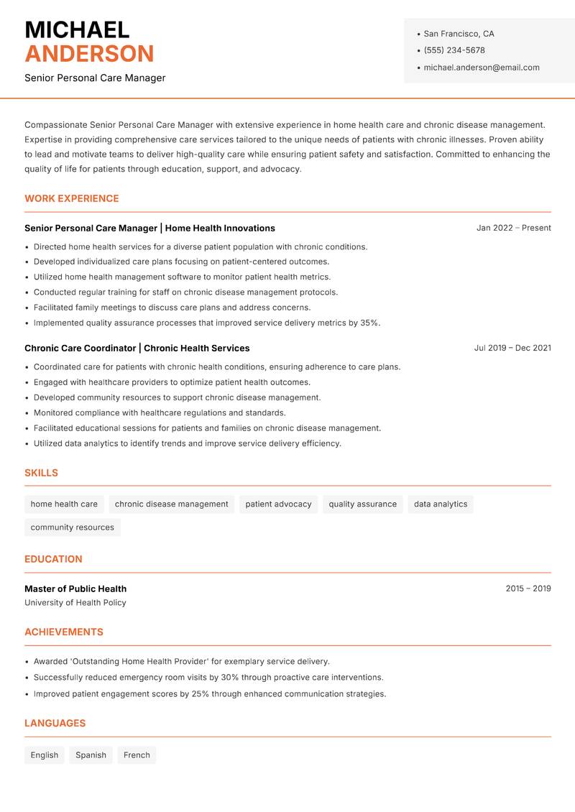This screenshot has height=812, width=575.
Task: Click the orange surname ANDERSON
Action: pyautogui.click(x=89, y=54)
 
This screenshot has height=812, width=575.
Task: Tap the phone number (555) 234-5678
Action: pyautogui.click(x=454, y=50)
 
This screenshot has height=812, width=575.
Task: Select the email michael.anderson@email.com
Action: pyautogui.click(x=482, y=68)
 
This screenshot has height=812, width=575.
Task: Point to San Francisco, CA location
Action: pyautogui.click(x=459, y=34)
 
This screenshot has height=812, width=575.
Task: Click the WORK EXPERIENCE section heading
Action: pyautogui.click(x=72, y=198)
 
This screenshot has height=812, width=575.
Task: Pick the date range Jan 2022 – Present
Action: pyautogui.click(x=513, y=228)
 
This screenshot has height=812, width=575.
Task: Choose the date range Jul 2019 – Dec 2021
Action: pyautogui.click(x=512, y=348)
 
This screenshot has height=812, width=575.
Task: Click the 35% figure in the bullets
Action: pyautogui.click(x=369, y=323)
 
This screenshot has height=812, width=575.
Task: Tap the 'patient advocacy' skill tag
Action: pyautogui.click(x=278, y=504)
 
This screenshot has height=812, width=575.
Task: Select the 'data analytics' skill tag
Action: pyautogui.click(x=441, y=504)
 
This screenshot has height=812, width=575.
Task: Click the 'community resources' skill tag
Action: pyautogui.click(x=72, y=527)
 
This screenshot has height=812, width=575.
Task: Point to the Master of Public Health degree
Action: pyautogui.click(x=75, y=589)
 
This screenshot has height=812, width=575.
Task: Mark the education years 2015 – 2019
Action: pyautogui.click(x=528, y=589)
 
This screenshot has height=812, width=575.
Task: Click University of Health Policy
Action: pyautogui.click(x=75, y=603)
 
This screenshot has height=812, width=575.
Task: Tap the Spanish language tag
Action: pyautogui.click(x=91, y=755)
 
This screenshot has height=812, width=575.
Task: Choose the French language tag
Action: pyautogui.click(x=137, y=755)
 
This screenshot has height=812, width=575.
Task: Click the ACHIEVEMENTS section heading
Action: pyautogui.click(x=64, y=632)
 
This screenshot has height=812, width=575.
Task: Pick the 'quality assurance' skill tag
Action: pyautogui.click(x=362, y=504)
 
